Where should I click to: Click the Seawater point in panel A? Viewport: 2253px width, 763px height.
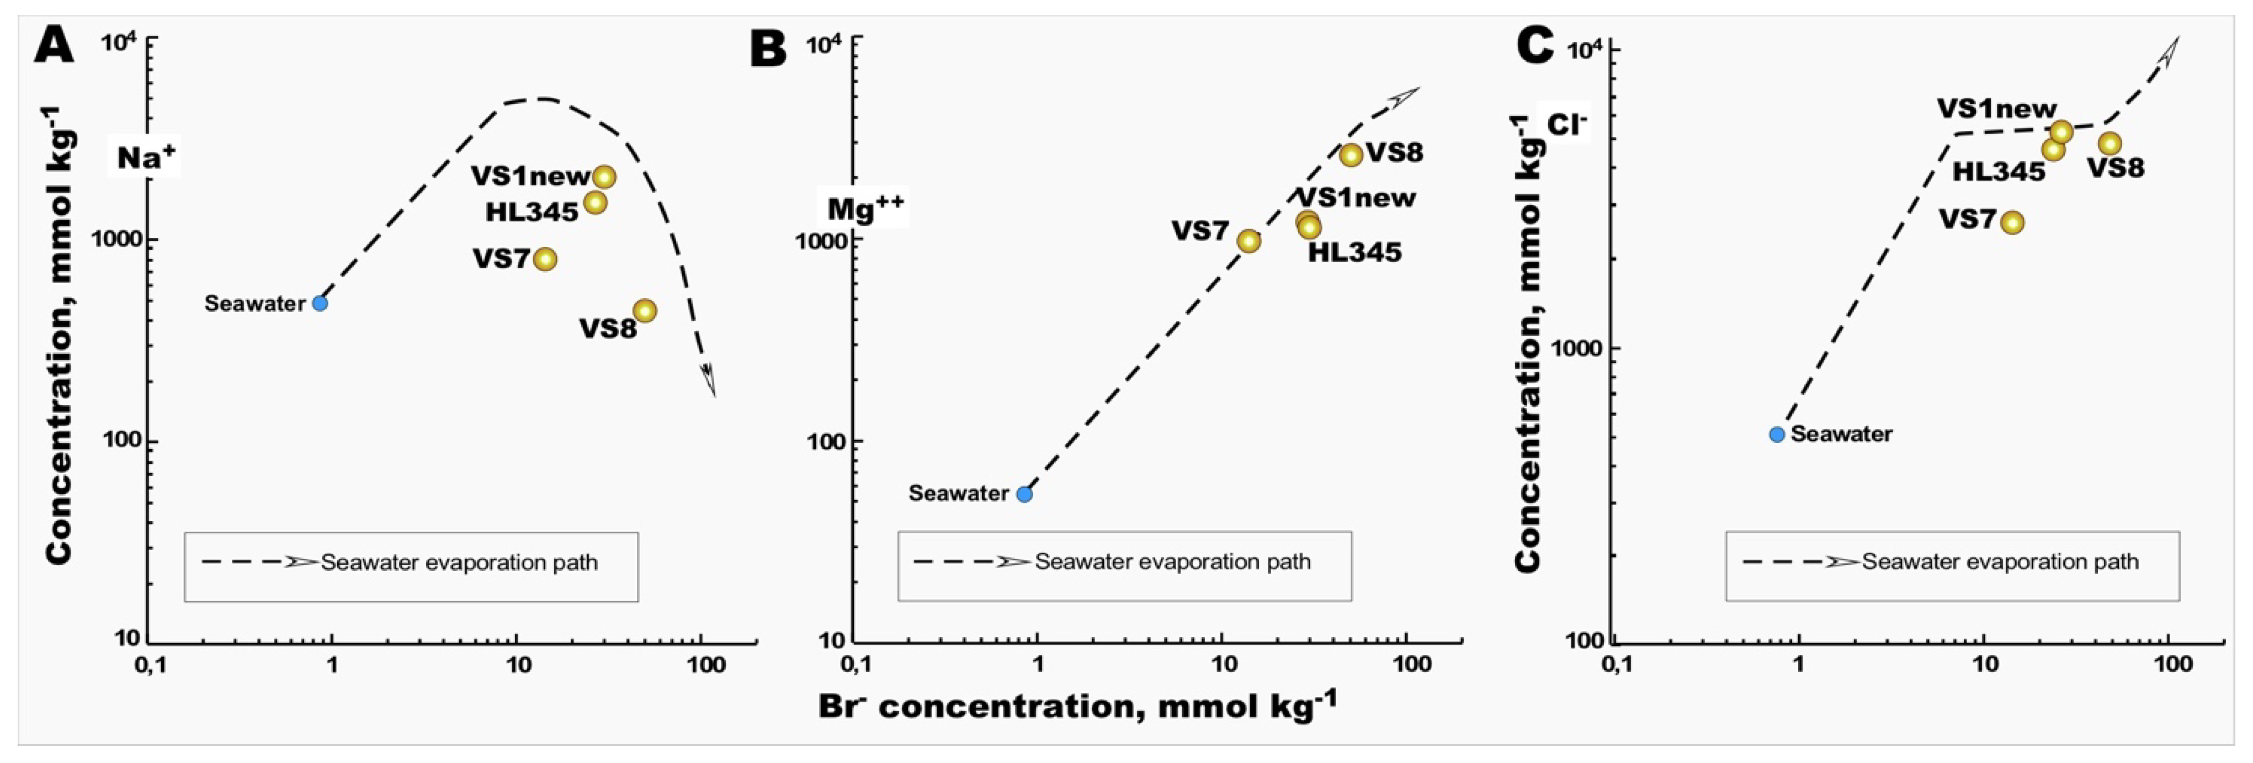tap(320, 304)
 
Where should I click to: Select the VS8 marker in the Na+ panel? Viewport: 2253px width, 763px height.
tap(645, 311)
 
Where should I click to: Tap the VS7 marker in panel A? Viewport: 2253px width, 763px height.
tap(545, 259)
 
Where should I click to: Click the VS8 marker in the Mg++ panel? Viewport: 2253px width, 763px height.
tap(1351, 155)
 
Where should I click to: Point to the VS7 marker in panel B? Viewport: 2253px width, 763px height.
tap(1249, 241)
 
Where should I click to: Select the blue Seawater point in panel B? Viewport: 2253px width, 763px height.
tap(1024, 494)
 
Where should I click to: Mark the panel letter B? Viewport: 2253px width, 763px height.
tap(768, 48)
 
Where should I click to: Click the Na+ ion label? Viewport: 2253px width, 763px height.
tap(146, 157)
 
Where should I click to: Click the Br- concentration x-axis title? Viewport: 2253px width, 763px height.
tap(1077, 705)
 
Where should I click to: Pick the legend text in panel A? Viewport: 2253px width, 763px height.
tap(459, 563)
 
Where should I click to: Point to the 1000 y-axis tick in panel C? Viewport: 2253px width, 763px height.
tap(1579, 348)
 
